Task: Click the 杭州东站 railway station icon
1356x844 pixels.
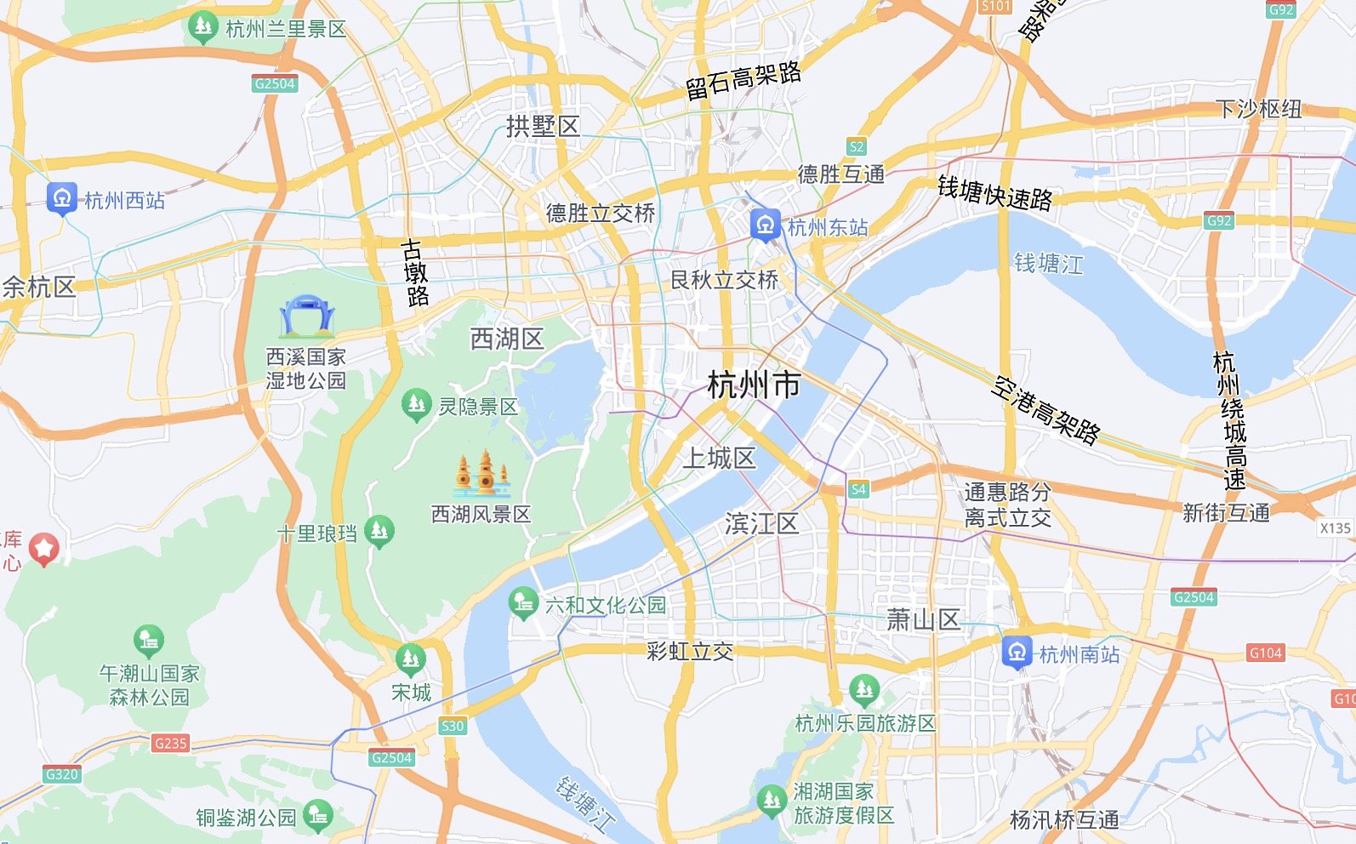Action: (765, 225)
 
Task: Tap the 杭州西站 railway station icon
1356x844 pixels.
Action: (61, 198)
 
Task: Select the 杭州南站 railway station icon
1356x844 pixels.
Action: (1017, 653)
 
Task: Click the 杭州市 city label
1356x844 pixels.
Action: (754, 385)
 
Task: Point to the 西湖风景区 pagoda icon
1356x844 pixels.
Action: (481, 474)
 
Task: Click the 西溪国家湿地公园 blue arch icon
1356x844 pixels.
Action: (306, 316)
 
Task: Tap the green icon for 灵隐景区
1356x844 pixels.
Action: (416, 405)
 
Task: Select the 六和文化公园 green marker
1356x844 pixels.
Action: (523, 603)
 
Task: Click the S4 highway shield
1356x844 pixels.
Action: (858, 489)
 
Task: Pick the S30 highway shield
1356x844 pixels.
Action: (453, 726)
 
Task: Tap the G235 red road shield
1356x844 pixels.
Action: (170, 743)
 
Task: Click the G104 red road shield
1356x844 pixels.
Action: (1265, 653)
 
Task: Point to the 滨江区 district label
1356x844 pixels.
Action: (761, 523)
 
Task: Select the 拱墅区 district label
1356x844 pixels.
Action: (543, 127)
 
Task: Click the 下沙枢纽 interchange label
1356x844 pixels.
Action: (1258, 109)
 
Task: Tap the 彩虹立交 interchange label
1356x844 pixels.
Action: (690, 652)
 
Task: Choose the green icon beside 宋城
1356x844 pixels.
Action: (410, 659)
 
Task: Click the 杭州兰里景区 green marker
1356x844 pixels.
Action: (202, 27)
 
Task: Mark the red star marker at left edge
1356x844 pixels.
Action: (44, 549)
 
